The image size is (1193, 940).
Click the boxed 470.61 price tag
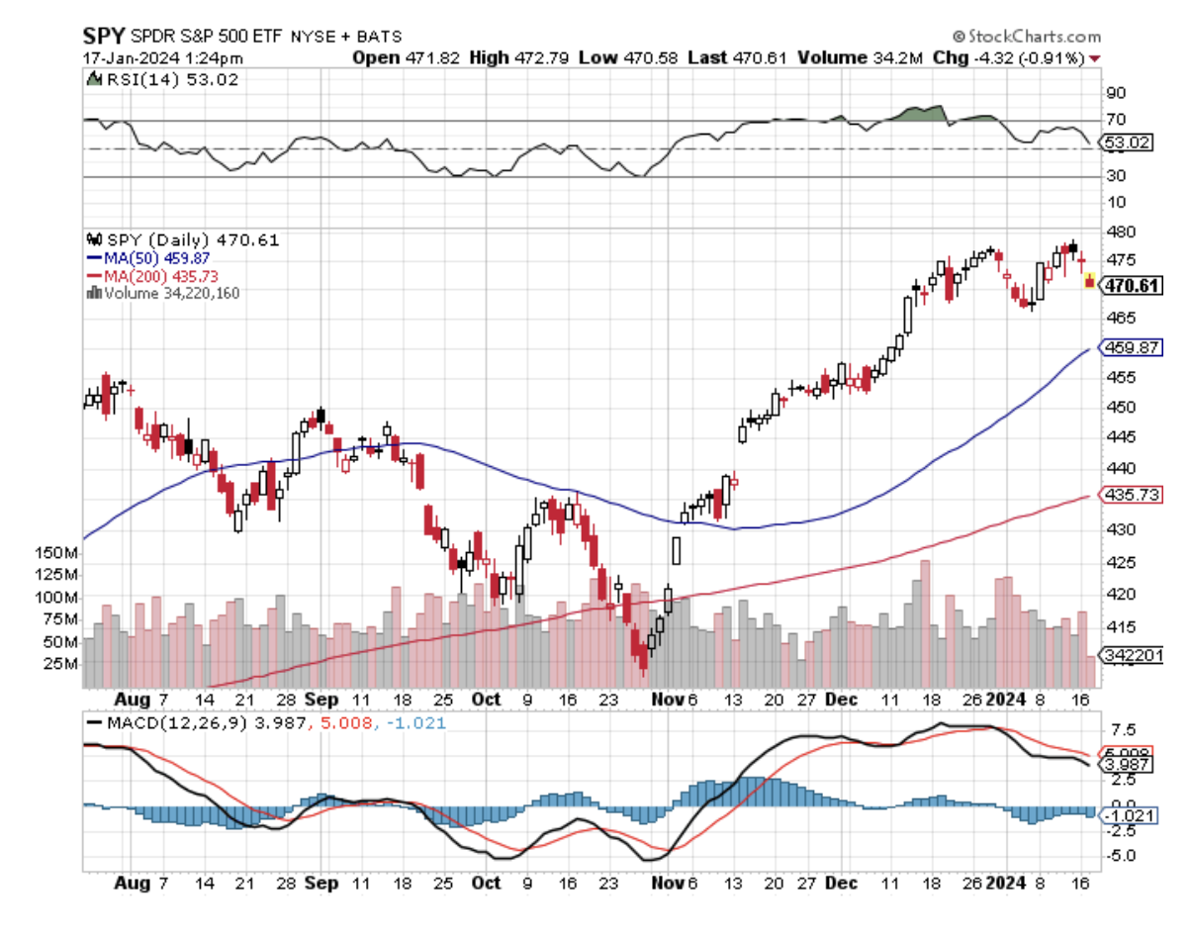click(1133, 286)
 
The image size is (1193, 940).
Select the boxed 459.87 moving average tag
click(1133, 348)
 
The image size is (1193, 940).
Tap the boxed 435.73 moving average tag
click(1133, 495)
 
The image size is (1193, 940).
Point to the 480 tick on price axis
click(1119, 232)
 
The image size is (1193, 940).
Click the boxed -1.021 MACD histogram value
click(1128, 815)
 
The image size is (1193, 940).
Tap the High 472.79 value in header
click(532, 57)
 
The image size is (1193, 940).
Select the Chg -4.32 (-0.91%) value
click(1025, 57)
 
